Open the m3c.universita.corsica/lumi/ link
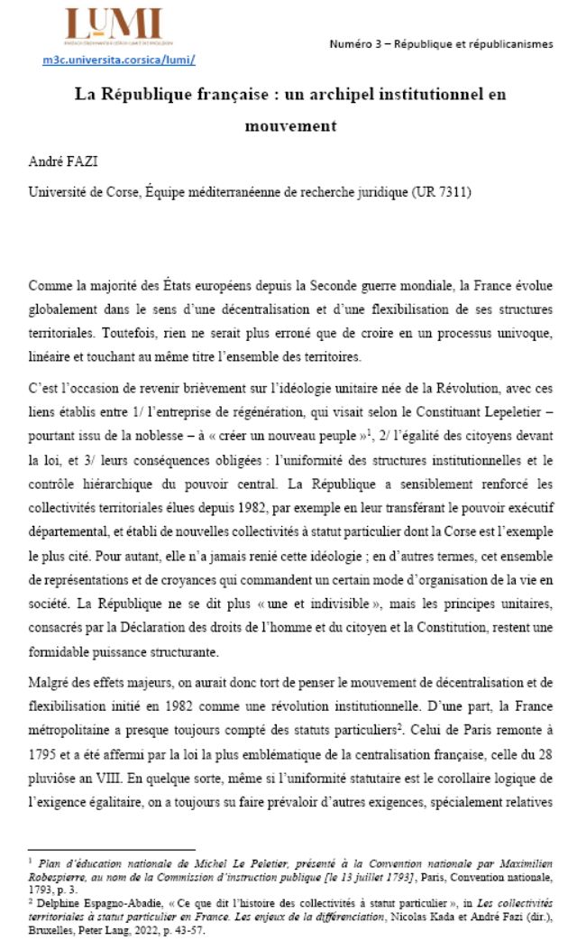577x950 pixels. (119, 60)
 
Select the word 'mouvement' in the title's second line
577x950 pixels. (290, 125)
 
